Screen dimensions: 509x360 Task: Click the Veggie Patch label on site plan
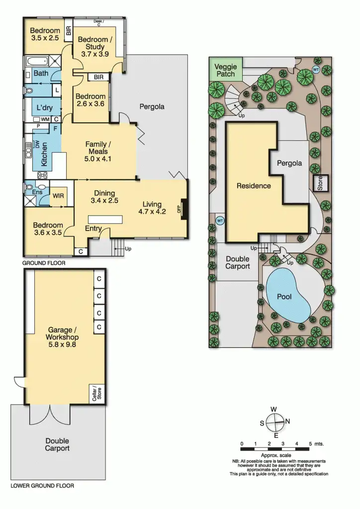[225, 70]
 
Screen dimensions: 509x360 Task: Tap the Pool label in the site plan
[284, 296]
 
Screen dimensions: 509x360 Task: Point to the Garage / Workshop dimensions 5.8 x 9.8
[64, 343]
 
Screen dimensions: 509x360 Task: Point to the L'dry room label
[41, 107]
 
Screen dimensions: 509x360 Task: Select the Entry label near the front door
[93, 229]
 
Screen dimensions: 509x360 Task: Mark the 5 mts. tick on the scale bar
[310, 443]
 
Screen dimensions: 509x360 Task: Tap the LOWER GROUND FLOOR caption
[42, 486]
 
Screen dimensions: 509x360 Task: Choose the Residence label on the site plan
[254, 186]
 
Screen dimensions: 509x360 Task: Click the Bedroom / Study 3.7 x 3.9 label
[97, 47]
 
